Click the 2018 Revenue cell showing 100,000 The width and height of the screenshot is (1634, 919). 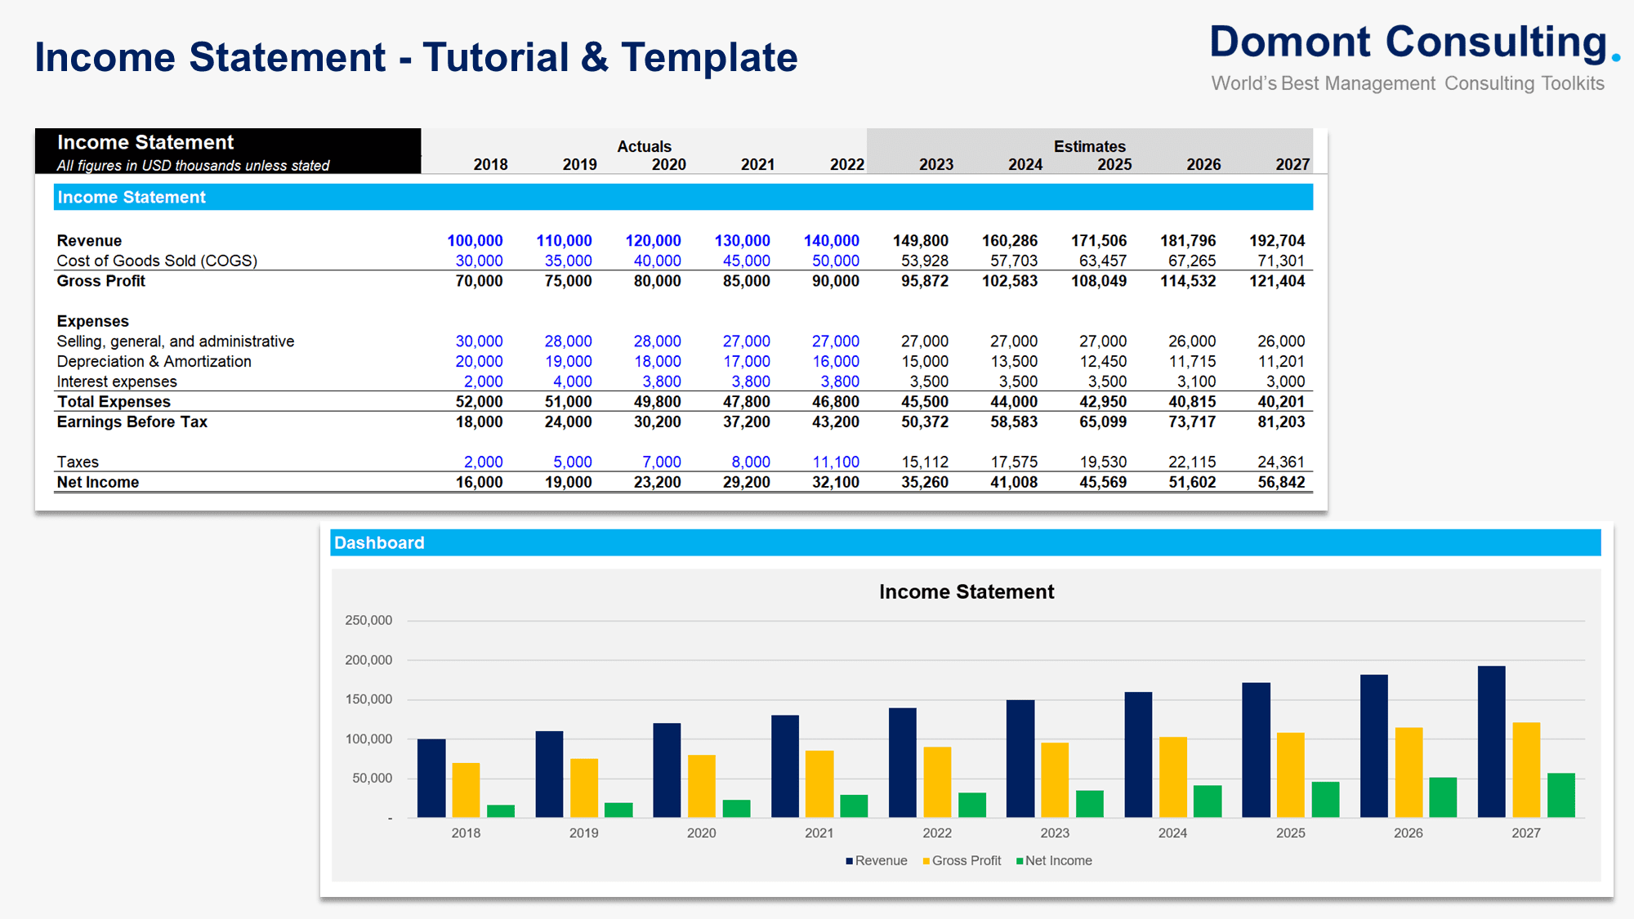tap(475, 241)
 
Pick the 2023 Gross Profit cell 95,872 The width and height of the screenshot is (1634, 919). tap(924, 281)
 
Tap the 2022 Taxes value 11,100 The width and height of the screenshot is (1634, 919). tap(835, 462)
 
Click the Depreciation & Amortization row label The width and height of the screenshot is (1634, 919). tap(154, 361)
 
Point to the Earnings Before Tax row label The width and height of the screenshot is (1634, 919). tap(132, 422)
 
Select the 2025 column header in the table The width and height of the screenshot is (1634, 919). tap(1114, 165)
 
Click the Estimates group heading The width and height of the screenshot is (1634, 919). tap(1089, 146)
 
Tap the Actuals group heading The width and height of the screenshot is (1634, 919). tap(644, 146)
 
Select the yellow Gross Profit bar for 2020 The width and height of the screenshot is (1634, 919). tap(701, 786)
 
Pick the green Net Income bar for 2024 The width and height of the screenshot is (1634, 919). tap(1207, 801)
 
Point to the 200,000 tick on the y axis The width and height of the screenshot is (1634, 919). tap(368, 660)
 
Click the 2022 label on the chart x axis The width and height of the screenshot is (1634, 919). tap(937, 833)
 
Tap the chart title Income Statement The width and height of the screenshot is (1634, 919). tap(967, 592)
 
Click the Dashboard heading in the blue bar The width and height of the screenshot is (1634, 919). tap(379, 543)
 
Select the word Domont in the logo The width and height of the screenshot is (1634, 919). tap(1290, 42)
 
